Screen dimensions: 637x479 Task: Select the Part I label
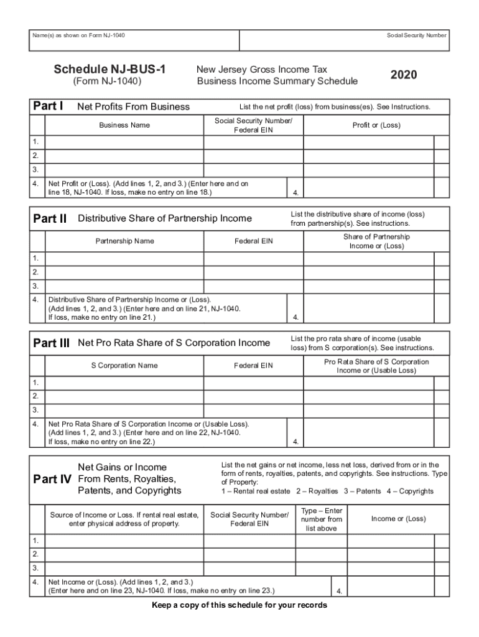tap(48, 106)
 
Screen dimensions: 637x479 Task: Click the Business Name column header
tap(124, 125)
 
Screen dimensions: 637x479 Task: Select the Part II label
tap(49, 218)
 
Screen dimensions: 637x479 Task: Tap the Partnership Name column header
tap(124, 241)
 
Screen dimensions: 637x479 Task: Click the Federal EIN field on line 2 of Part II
tap(253, 272)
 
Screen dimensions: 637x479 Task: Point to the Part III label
tap(51, 343)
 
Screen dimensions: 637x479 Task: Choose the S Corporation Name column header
tap(124, 365)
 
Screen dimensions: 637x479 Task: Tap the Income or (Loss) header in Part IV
tap(398, 519)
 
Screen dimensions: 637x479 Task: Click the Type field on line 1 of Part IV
tap(321, 540)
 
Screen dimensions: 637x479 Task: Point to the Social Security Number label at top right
tap(416, 35)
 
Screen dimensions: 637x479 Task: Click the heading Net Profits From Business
tap(133, 106)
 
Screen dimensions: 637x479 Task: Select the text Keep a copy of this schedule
tap(240, 605)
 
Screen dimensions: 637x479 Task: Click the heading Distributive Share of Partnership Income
tap(165, 218)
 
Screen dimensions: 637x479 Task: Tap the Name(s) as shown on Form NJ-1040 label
tap(78, 35)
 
